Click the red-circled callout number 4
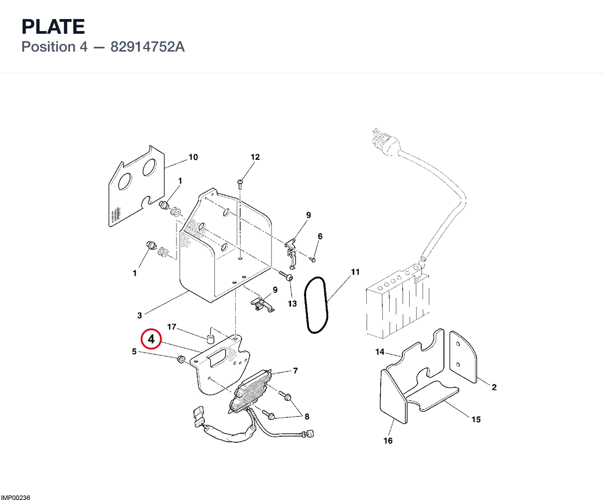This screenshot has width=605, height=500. (x=151, y=339)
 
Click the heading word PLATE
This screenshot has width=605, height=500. (x=53, y=26)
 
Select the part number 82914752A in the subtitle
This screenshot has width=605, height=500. (x=148, y=47)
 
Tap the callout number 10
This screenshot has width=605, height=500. (x=193, y=157)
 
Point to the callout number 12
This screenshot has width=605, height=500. (x=255, y=157)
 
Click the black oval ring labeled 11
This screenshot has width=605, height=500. (x=316, y=305)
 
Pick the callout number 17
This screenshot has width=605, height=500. (x=172, y=327)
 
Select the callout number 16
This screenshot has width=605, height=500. (x=388, y=441)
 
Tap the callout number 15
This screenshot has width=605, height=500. (x=476, y=419)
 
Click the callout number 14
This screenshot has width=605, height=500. (x=380, y=352)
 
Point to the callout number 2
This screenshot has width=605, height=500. (x=494, y=387)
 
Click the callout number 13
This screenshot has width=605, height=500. (x=293, y=304)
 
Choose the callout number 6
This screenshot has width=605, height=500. (x=320, y=236)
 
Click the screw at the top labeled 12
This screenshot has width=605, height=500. (x=240, y=184)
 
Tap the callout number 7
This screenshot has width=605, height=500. (x=296, y=371)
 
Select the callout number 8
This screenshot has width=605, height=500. (x=307, y=417)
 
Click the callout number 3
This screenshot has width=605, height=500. (x=140, y=316)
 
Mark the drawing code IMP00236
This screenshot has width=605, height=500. (x=15, y=497)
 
